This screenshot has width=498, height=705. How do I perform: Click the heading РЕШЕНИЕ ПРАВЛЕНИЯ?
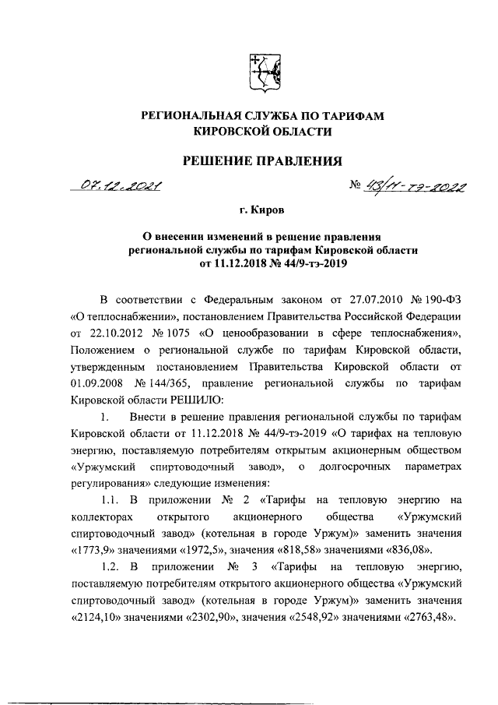click(262, 161)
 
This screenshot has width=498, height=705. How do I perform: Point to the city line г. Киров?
click(262, 210)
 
